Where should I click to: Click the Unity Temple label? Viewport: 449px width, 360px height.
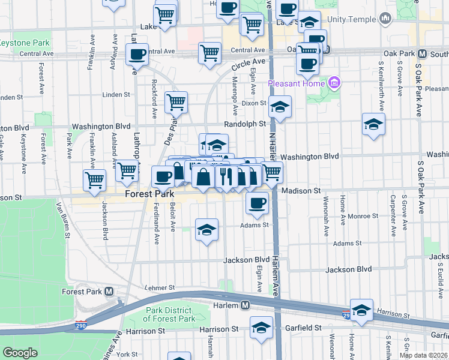(x=357, y=20)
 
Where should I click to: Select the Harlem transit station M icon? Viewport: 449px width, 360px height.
(x=245, y=305)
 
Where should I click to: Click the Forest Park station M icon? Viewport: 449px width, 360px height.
(x=109, y=292)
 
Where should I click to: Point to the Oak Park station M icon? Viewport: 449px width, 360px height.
(x=423, y=53)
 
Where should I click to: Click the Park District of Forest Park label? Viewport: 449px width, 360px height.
(x=170, y=314)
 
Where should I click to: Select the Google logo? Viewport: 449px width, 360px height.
(x=20, y=353)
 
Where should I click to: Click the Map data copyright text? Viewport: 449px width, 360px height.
(x=423, y=355)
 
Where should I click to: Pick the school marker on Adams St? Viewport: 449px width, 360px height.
(x=206, y=230)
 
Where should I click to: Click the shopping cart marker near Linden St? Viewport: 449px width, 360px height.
(x=176, y=102)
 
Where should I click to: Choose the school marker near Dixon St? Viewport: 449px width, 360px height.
(x=280, y=107)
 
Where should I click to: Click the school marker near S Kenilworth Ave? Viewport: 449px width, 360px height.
(x=373, y=125)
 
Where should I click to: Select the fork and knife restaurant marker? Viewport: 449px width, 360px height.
(x=226, y=176)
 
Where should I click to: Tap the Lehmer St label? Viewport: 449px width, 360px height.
(x=159, y=287)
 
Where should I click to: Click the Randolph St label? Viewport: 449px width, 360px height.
(x=245, y=124)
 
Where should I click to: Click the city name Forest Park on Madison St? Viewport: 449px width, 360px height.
(x=149, y=194)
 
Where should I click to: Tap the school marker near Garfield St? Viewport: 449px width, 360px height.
(x=261, y=328)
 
